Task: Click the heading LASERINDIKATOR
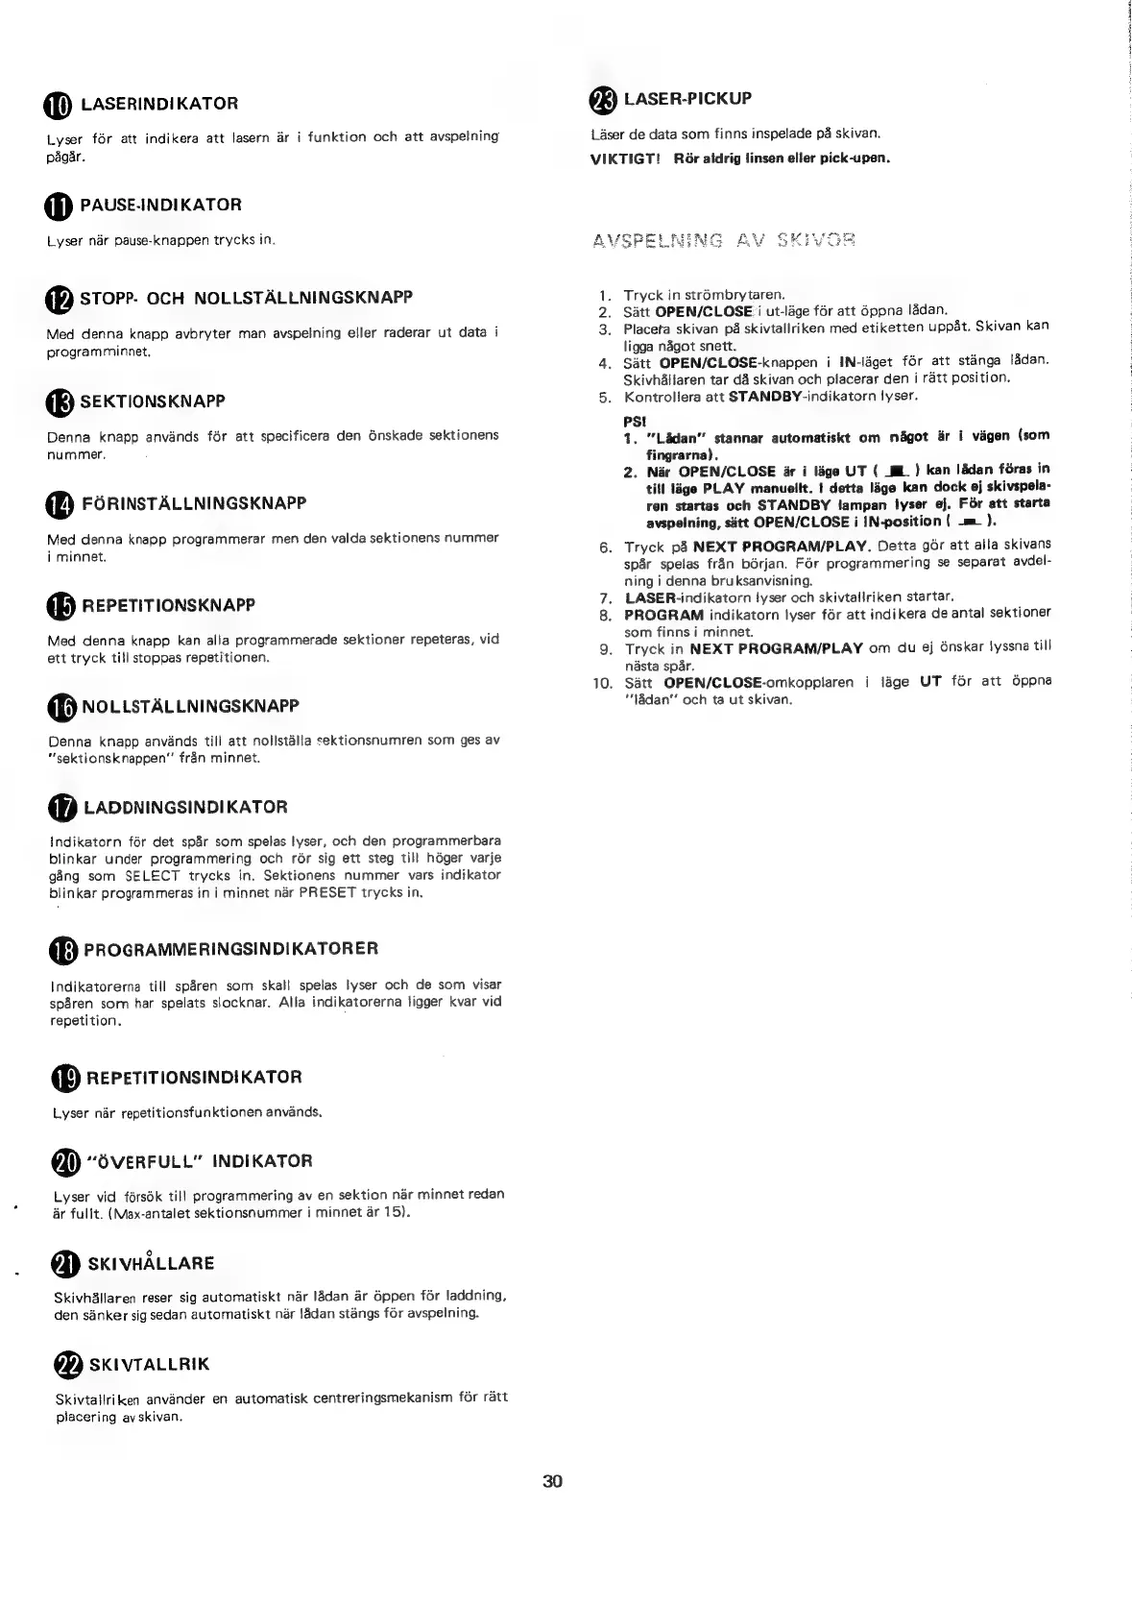click(x=158, y=103)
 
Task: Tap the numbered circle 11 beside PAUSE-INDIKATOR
click(x=58, y=206)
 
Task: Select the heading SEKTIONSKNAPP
click(x=153, y=401)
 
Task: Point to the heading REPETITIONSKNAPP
click(x=169, y=605)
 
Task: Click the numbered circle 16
click(x=60, y=707)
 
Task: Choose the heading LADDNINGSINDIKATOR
click(x=185, y=807)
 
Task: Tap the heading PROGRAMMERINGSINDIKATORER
click(x=230, y=949)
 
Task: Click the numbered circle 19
click(x=65, y=1079)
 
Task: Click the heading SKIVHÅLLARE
click(x=151, y=1263)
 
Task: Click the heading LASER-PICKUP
click(x=687, y=98)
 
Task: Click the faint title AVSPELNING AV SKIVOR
click(x=724, y=239)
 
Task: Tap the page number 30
click(x=552, y=1480)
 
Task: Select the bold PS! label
click(x=635, y=420)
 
